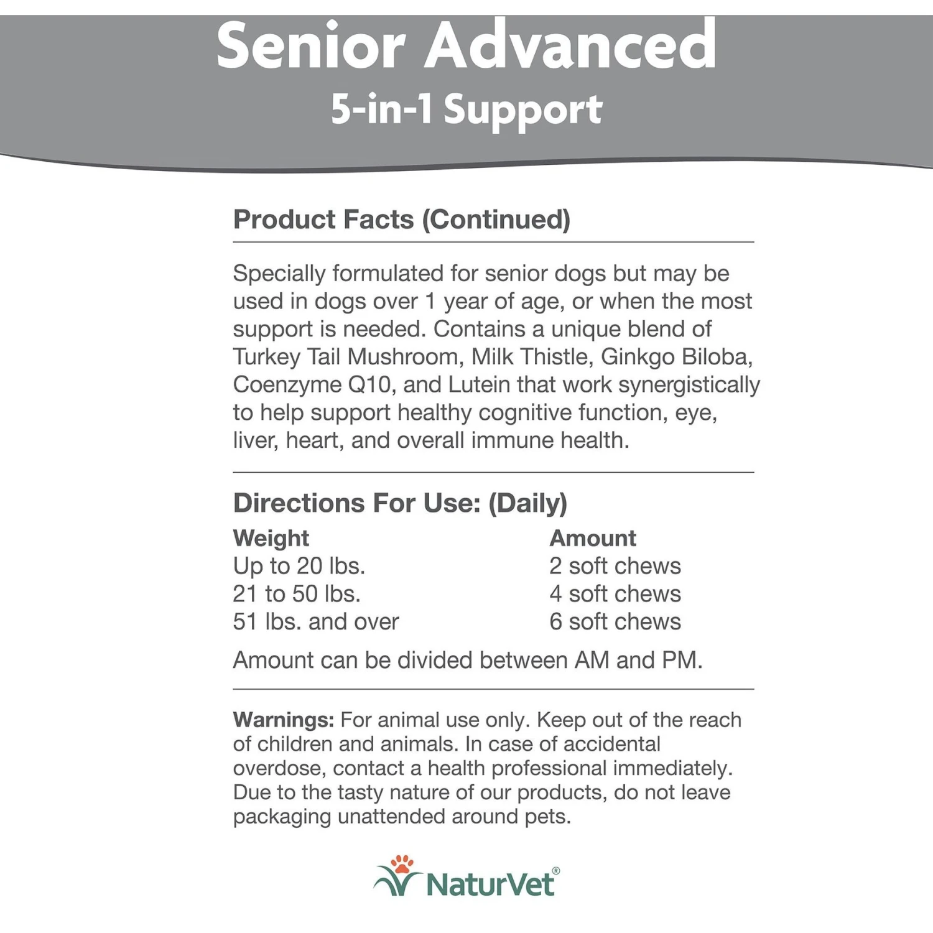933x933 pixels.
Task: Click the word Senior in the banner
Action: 310,46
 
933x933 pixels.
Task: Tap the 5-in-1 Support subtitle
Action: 466,109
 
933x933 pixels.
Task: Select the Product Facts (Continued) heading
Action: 401,220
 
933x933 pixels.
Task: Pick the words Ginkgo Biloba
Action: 676,357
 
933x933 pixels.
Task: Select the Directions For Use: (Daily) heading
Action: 400,503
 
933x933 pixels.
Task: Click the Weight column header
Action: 271,538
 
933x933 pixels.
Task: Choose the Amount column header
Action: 593,538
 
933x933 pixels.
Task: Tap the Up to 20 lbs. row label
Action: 299,566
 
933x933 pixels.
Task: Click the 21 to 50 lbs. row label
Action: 297,594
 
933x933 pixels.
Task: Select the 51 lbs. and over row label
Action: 316,621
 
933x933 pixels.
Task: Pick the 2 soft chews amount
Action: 615,566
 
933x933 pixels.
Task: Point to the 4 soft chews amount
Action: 615,594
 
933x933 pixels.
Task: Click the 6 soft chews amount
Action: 615,621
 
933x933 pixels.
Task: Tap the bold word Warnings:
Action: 284,720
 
